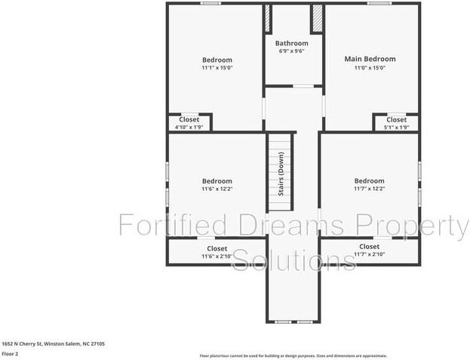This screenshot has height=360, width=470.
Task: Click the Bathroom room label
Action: click(291, 44)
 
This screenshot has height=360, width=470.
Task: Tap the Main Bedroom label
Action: click(370, 59)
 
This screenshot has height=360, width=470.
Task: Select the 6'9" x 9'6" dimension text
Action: click(292, 51)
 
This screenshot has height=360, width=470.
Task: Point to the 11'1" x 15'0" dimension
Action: click(217, 68)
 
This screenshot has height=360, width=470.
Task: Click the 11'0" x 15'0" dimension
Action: click(370, 68)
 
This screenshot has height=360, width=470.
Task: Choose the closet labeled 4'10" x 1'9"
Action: click(189, 123)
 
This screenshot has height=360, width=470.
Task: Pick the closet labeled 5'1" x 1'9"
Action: click(396, 123)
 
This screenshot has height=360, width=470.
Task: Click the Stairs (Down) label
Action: click(281, 174)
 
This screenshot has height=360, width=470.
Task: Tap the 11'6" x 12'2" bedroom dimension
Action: click(217, 189)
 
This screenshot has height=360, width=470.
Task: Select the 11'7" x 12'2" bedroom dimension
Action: click(369, 189)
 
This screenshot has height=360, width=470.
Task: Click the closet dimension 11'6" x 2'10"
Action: click(217, 257)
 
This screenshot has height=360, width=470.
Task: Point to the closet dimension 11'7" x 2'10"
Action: click(369, 255)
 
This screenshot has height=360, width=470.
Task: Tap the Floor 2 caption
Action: click(10, 353)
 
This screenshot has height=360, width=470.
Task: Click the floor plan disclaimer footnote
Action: click(293, 355)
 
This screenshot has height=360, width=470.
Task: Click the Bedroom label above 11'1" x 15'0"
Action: click(217, 60)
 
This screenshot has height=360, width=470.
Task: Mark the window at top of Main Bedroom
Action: click(379, 4)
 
